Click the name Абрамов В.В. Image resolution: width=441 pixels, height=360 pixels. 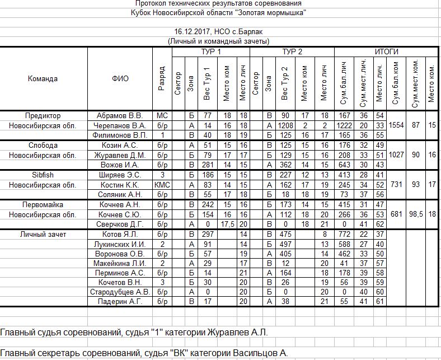(120, 116)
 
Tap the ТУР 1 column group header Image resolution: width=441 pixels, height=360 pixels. (210, 52)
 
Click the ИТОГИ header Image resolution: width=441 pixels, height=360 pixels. (386, 52)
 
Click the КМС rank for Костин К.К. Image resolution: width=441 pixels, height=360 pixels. (162, 184)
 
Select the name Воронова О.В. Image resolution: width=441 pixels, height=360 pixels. (120, 254)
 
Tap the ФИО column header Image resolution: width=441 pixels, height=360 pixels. (120, 78)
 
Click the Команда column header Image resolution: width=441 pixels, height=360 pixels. (43, 78)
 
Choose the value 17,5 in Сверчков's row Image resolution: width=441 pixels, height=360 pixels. (227, 224)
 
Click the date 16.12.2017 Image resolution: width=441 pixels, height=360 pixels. (194, 32)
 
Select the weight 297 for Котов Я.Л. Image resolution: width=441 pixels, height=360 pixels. (207, 234)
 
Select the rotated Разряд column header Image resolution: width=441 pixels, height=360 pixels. (162, 79)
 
